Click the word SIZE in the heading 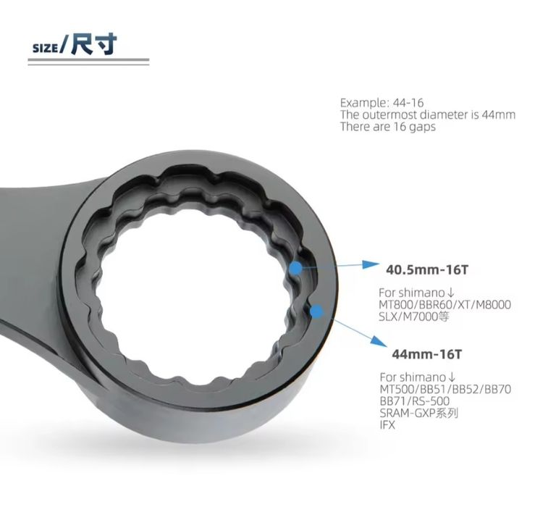coord(45,48)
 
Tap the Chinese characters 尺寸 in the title coord(94,44)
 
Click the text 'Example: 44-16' coord(382,102)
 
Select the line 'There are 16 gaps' coord(388,126)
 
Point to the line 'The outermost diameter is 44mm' coord(428,114)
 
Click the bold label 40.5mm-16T coord(427,269)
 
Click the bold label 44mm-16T coord(426,354)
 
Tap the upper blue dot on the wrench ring coord(296,269)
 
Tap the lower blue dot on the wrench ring coord(317,311)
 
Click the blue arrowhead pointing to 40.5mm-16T coord(369,264)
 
